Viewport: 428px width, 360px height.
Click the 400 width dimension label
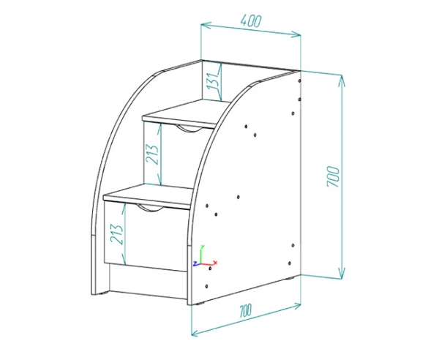tap(251, 21)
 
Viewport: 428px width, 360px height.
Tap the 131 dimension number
tap(212, 81)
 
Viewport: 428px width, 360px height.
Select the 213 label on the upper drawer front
tap(151, 154)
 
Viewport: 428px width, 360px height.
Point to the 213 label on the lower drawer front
tap(116, 234)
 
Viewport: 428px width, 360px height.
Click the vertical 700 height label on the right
tap(333, 176)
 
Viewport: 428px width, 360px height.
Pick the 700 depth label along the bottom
tap(245, 311)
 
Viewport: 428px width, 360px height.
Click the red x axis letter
tap(215, 263)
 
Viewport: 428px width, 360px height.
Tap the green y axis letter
tap(202, 247)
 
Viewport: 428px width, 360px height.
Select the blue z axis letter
tap(195, 263)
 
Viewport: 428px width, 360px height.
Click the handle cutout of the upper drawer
tap(188, 129)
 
